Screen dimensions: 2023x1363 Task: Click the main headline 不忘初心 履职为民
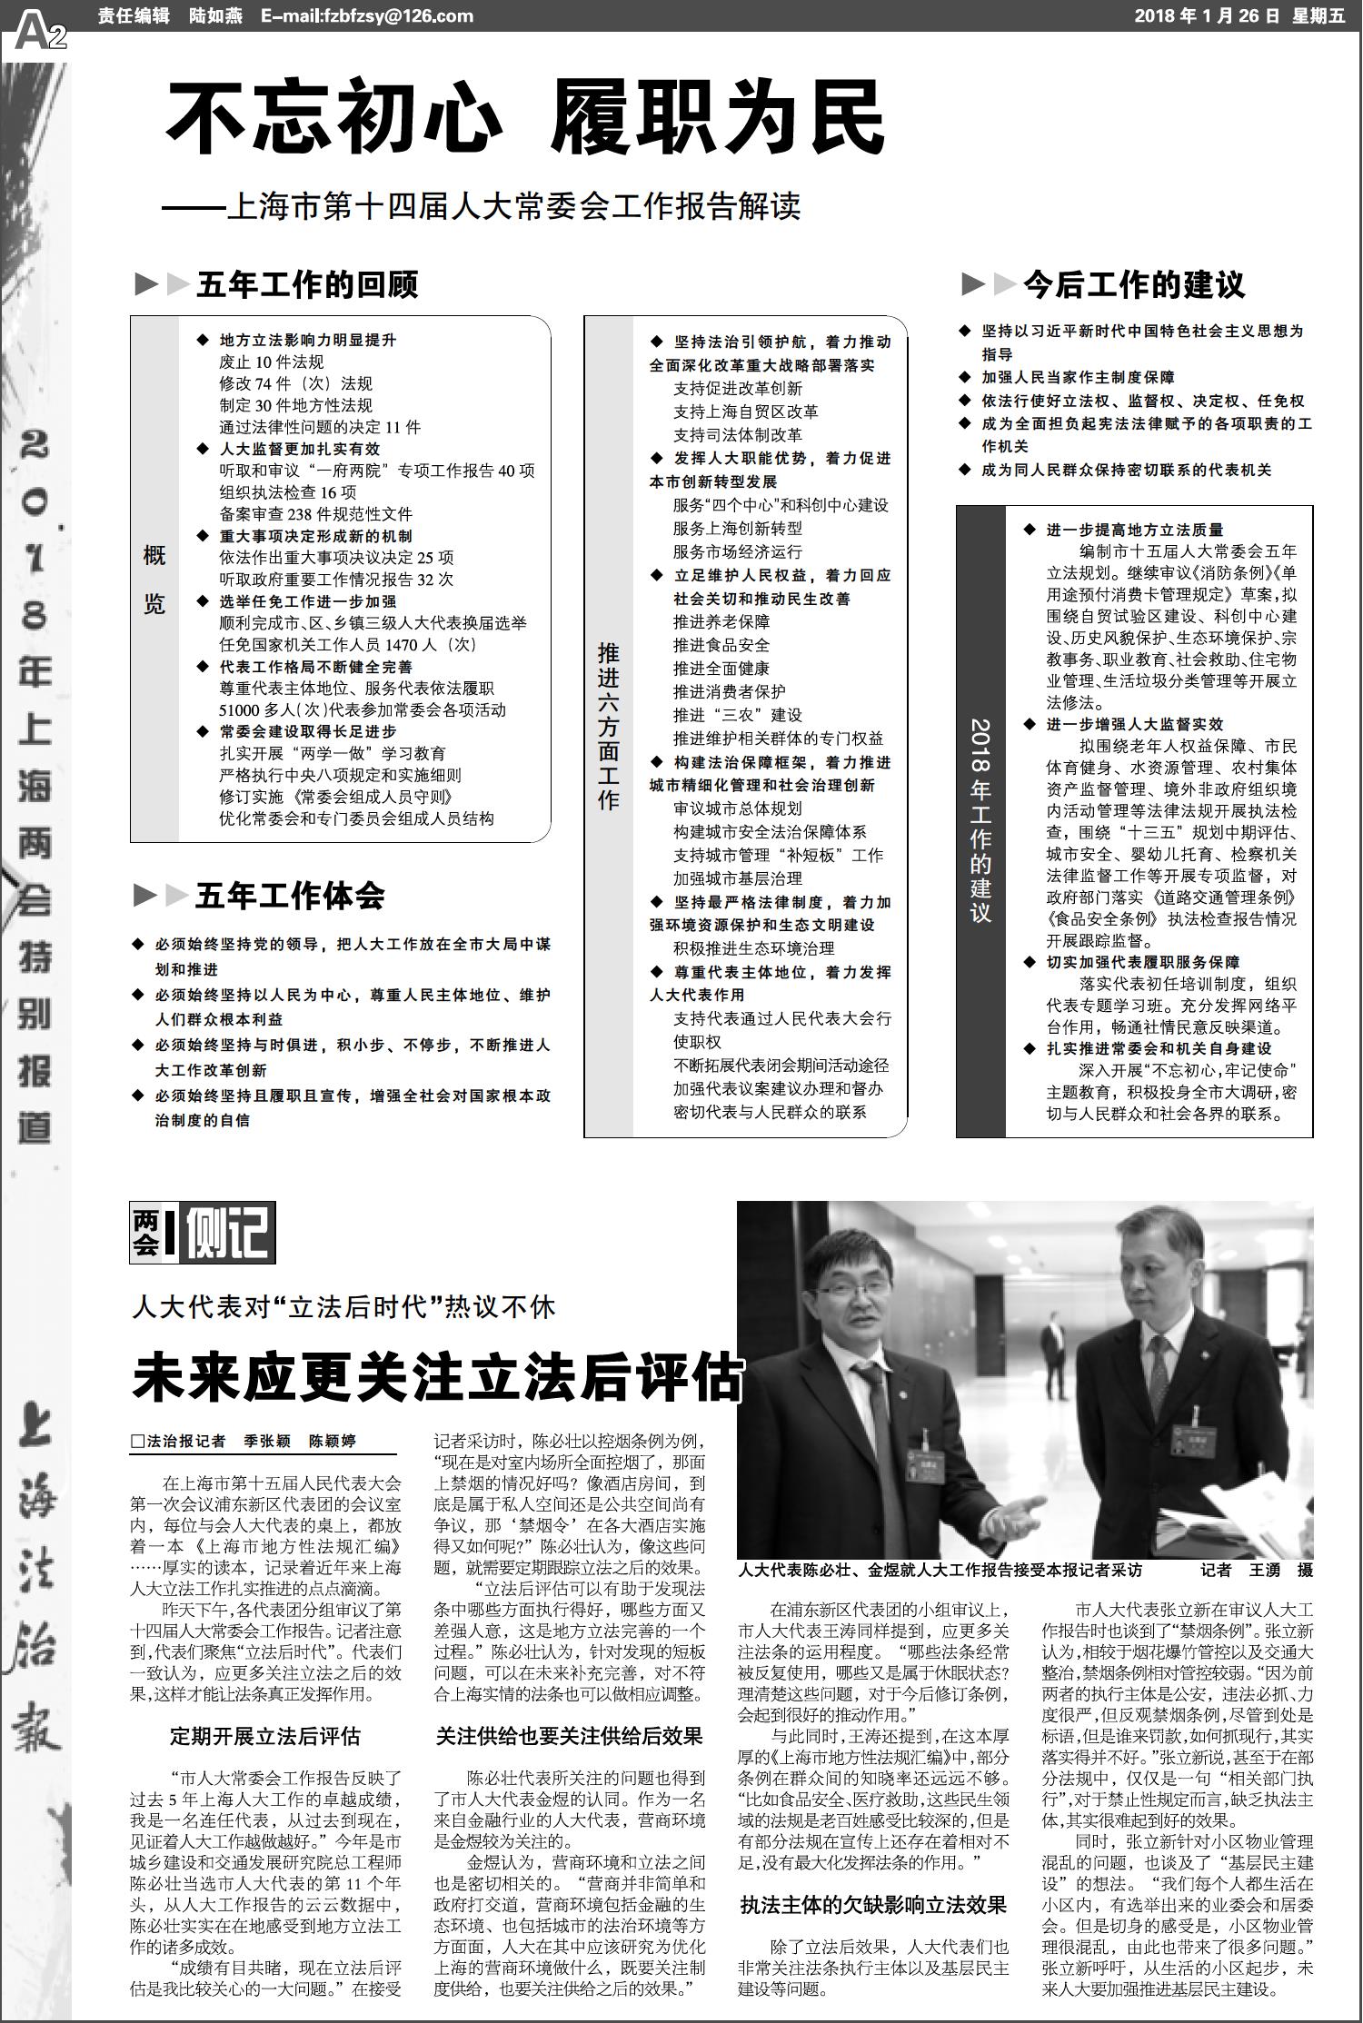pos(525,118)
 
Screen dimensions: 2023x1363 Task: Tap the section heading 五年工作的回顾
pos(307,285)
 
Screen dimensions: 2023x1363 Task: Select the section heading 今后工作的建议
pos(1133,285)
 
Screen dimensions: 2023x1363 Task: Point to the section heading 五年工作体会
pos(290,897)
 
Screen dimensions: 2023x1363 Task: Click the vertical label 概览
pos(154,580)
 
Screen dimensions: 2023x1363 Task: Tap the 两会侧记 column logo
pos(202,1233)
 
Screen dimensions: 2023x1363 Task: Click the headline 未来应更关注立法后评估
pos(437,1377)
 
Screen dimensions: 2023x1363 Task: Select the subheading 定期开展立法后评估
pos(264,1736)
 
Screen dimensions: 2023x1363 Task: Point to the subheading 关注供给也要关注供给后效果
pos(569,1736)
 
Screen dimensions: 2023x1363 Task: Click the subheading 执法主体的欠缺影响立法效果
pos(872,1879)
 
